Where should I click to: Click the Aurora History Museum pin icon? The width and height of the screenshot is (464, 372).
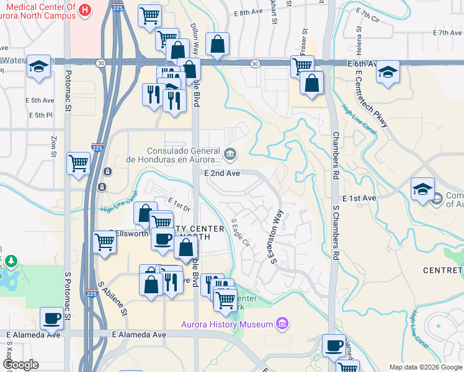pyautogui.click(x=282, y=324)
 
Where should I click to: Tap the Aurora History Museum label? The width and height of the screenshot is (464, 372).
pyautogui.click(x=227, y=324)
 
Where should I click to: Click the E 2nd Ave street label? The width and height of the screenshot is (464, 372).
pyautogui.click(x=222, y=174)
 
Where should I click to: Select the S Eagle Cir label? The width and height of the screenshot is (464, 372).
pyautogui.click(x=239, y=232)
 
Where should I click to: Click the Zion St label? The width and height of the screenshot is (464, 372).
pyautogui.click(x=54, y=147)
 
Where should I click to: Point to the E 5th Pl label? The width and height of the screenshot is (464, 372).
pyautogui.click(x=40, y=115)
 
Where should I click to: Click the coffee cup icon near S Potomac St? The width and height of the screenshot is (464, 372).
pyautogui.click(x=51, y=319)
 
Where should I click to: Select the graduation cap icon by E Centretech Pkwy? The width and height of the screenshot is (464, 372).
pyautogui.click(x=388, y=72)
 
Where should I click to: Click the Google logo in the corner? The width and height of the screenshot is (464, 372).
pyautogui.click(x=21, y=365)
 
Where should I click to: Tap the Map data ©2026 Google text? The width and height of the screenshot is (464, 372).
pyautogui.click(x=426, y=367)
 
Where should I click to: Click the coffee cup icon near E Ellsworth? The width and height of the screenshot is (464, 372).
pyautogui.click(x=163, y=239)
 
